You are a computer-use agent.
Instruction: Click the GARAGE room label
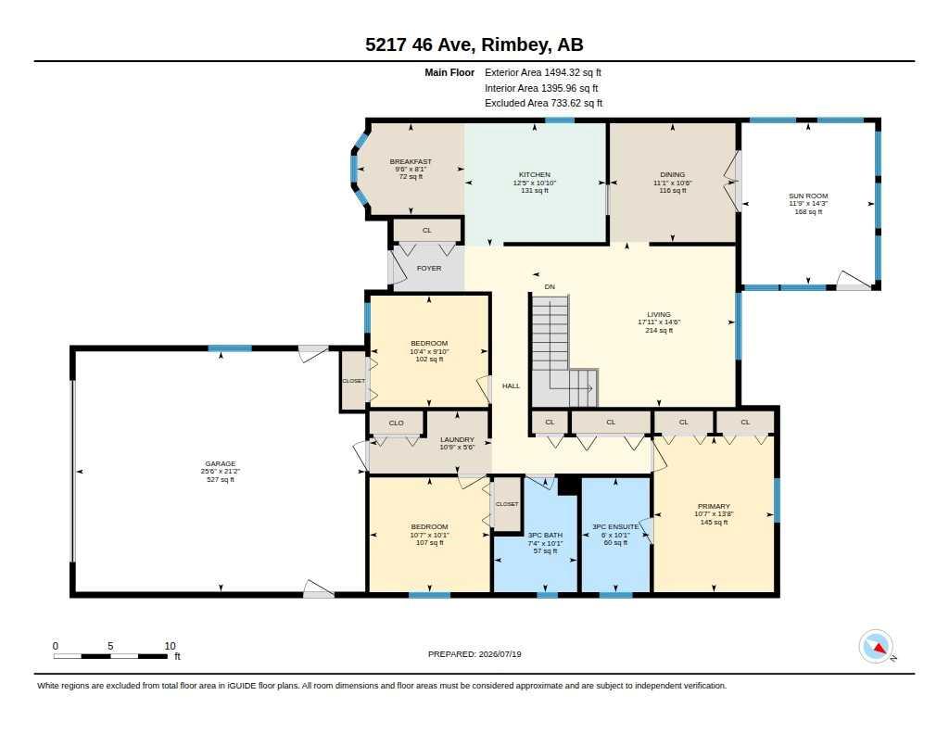pos(220,463)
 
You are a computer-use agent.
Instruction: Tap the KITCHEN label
pos(535,174)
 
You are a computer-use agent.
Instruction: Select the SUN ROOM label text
pos(808,196)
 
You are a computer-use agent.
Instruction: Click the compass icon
pos(876,647)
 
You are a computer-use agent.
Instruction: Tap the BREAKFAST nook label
pos(411,161)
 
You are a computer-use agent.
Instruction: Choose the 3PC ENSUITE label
pos(615,526)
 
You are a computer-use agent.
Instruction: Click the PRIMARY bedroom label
pos(714,506)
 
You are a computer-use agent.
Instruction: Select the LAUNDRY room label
pos(457,439)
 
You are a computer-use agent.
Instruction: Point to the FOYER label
pos(429,268)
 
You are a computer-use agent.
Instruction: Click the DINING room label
pos(673,174)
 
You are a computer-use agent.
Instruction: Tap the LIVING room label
pos(659,314)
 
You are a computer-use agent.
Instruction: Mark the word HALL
pos(511,385)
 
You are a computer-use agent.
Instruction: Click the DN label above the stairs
pos(550,287)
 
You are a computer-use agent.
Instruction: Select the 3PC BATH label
pos(545,535)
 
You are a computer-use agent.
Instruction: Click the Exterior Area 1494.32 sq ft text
pos(543,72)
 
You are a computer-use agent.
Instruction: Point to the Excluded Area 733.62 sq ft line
pos(543,103)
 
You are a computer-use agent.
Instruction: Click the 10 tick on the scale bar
pos(171,646)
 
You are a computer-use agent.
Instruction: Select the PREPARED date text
pos(474,653)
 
